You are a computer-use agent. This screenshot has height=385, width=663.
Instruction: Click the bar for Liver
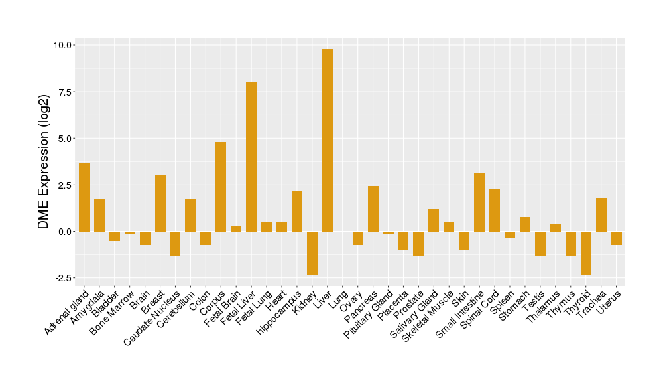click(328, 140)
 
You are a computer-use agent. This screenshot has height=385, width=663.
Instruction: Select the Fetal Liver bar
click(251, 157)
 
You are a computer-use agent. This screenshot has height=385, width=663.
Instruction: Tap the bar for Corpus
click(221, 187)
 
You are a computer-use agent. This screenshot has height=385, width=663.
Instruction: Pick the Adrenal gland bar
click(84, 197)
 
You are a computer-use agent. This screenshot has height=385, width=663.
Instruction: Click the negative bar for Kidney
click(312, 253)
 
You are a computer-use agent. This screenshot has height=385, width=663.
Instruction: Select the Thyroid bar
click(586, 253)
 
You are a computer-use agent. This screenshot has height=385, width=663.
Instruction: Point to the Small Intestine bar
click(479, 202)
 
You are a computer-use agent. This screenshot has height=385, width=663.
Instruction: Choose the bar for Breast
click(160, 203)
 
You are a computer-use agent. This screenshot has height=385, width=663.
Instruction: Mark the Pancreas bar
click(373, 208)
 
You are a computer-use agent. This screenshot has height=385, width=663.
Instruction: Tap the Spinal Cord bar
click(495, 210)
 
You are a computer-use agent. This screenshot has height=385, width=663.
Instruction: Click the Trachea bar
click(601, 214)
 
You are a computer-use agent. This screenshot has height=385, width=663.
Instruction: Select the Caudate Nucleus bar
click(175, 244)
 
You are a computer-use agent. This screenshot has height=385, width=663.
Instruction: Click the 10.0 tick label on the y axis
click(63, 45)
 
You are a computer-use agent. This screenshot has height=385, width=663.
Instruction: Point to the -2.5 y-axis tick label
click(64, 278)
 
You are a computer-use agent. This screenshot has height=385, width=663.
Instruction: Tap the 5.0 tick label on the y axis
click(66, 139)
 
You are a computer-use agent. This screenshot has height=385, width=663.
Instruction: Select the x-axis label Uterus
click(609, 302)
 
